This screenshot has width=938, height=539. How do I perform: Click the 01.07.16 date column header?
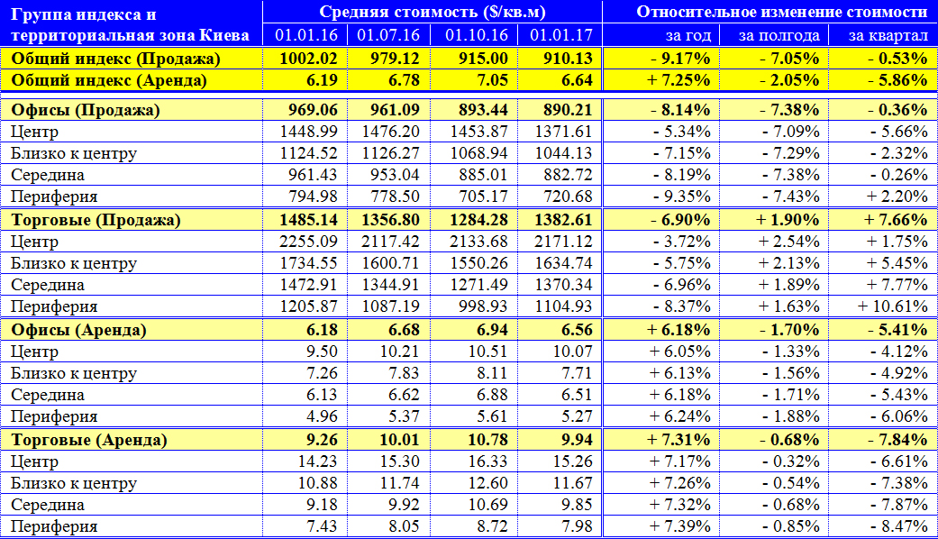point(388,35)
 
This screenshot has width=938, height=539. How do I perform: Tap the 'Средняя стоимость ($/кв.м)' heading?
point(433,12)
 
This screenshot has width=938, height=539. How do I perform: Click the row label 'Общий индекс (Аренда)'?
point(109,80)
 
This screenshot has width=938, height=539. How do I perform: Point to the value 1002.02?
point(309,59)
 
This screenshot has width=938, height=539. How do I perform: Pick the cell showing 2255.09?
point(309,242)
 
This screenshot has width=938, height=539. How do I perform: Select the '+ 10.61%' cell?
point(893,306)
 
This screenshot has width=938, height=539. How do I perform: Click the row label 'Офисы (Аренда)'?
point(78,330)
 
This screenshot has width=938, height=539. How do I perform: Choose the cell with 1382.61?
point(563,220)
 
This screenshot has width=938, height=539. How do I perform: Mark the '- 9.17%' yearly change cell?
point(681,59)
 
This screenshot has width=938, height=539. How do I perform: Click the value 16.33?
point(488,461)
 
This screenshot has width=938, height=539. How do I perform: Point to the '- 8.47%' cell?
point(899,526)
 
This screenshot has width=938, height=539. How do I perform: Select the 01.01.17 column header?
point(561,35)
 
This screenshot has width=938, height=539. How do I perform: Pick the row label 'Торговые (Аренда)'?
point(89,440)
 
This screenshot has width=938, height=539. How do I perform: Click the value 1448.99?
point(309,132)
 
